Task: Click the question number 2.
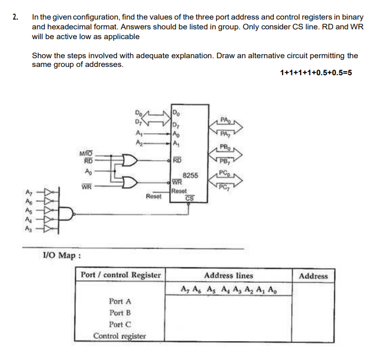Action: click(x=15, y=17)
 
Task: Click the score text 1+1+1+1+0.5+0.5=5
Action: click(x=316, y=73)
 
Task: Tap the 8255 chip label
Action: click(x=191, y=176)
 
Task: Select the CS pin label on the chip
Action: click(x=189, y=198)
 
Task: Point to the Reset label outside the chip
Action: click(x=154, y=196)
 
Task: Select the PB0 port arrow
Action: click(x=225, y=152)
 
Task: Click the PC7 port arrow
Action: click(x=225, y=185)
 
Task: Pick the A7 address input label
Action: click(x=29, y=192)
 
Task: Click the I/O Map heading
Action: click(x=61, y=255)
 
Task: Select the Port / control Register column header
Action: click(x=121, y=275)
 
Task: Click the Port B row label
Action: click(x=120, y=313)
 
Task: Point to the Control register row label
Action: click(x=120, y=336)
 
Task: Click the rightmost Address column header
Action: click(x=313, y=276)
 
